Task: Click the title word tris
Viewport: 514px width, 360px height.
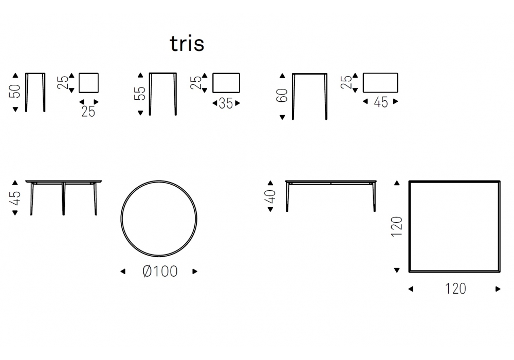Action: tap(187, 44)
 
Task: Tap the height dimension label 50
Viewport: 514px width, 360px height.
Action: tap(15, 91)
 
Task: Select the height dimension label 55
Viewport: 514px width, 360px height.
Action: tap(140, 94)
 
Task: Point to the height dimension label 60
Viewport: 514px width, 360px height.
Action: tap(282, 96)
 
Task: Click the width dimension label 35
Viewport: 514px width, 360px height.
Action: tap(226, 103)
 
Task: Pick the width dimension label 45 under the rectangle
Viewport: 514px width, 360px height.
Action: tap(380, 102)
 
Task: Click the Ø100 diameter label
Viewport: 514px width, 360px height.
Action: tap(160, 271)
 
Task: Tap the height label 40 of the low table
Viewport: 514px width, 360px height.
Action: tap(270, 197)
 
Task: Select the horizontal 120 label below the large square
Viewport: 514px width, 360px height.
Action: tap(455, 289)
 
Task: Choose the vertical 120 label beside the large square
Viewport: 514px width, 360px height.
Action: tap(397, 226)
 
